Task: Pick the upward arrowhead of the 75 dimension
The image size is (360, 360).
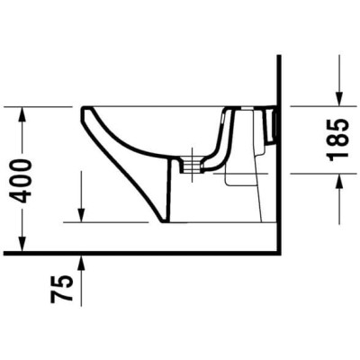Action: (x=82, y=261)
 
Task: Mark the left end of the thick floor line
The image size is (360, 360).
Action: (x=3, y=252)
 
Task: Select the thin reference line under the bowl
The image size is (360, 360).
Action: (x=117, y=221)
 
